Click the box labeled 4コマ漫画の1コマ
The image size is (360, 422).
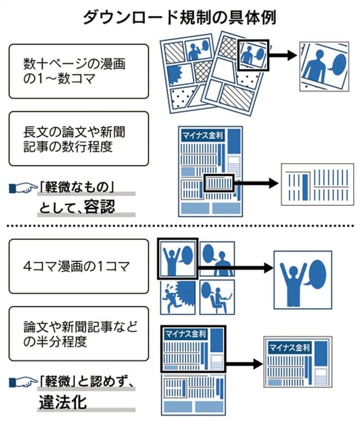click(x=77, y=266)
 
